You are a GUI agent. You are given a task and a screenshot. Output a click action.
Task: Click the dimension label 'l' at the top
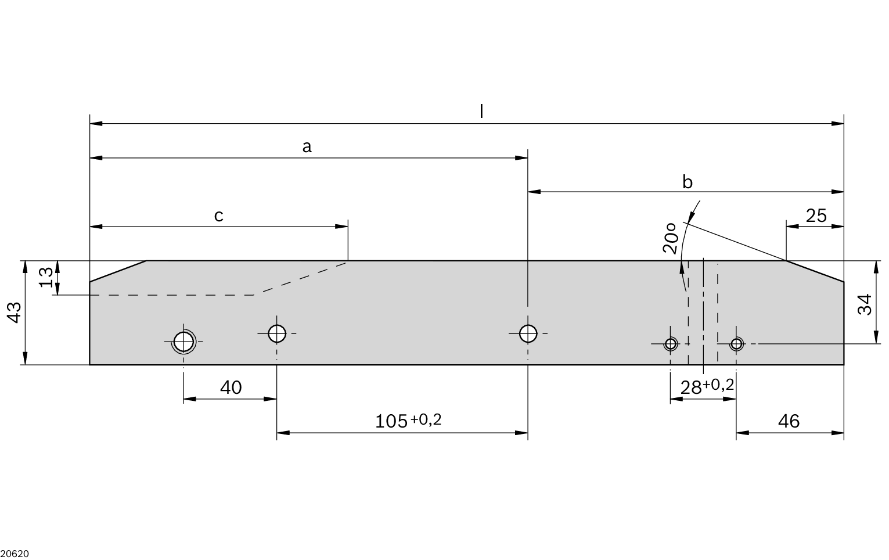pyautogui.click(x=481, y=112)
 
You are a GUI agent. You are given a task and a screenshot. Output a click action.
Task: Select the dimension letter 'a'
pyautogui.click(x=307, y=147)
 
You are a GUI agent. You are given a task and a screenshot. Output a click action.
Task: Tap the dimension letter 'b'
pyautogui.click(x=688, y=182)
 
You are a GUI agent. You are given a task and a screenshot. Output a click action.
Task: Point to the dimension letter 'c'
pyautogui.click(x=219, y=216)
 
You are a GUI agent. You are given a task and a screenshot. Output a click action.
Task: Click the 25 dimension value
pyautogui.click(x=816, y=216)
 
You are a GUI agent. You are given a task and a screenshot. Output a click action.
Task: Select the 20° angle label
pyautogui.click(x=670, y=238)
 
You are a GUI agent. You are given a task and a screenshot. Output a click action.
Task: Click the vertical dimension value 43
pyautogui.click(x=15, y=313)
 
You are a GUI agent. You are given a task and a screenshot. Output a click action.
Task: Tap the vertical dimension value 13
pyautogui.click(x=46, y=277)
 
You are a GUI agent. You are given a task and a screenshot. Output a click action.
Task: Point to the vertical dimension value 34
pyautogui.click(x=865, y=304)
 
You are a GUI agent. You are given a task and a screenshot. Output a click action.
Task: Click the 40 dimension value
pyautogui.click(x=231, y=387)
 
